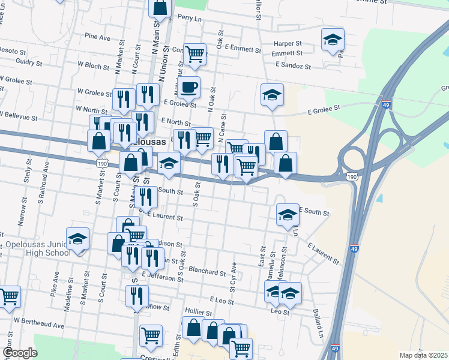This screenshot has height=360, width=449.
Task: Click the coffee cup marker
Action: (188, 88)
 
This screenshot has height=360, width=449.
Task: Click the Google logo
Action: (20, 353)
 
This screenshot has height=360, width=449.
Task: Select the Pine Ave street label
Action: (97, 37)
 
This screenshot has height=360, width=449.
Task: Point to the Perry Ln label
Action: (190, 19)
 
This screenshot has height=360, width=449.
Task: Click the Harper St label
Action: (287, 43)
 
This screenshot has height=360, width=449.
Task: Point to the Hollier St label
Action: (199, 313)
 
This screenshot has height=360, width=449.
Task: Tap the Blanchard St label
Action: (206, 272)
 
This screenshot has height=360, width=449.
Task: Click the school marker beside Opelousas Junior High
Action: (77, 239)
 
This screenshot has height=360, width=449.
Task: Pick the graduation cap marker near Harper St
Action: (333, 40)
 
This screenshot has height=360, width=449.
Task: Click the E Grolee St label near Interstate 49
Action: (324, 109)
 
